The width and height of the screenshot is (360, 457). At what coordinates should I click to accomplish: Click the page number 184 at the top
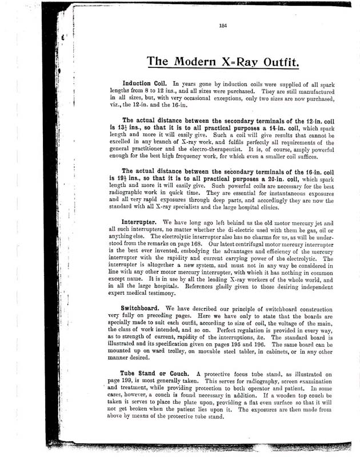click(x=223, y=24)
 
